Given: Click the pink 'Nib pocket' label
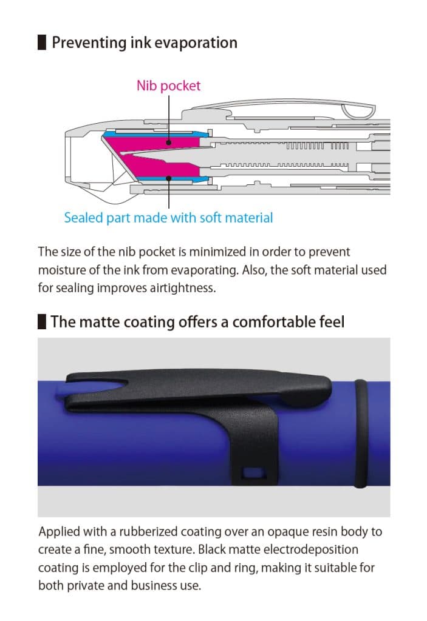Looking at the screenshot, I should click(168, 86).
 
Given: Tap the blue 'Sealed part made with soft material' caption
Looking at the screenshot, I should click(168, 217).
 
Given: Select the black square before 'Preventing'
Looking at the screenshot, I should click(42, 43).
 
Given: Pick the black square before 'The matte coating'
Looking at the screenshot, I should click(42, 321).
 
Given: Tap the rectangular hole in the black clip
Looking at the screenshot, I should click(250, 472).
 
